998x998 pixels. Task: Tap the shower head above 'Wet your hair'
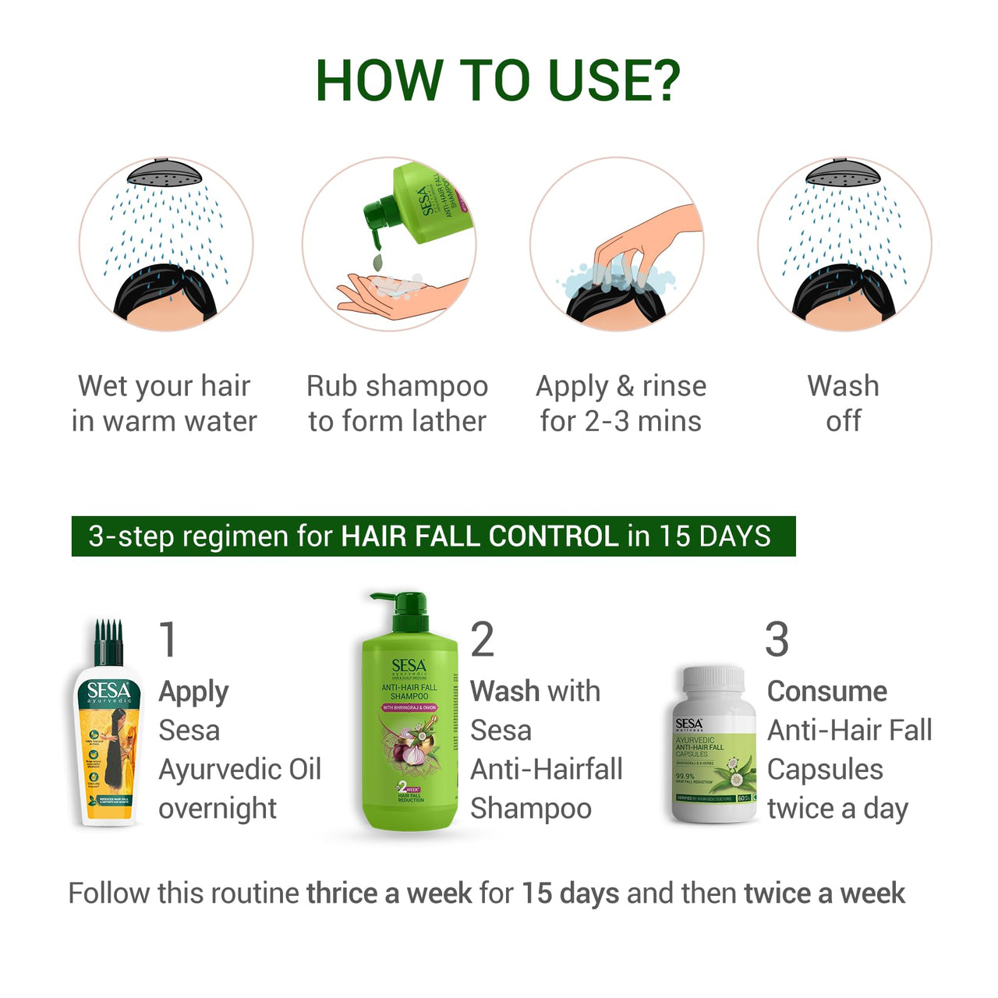166,173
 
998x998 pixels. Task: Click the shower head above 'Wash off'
844,173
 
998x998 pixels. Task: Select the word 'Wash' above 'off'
843,386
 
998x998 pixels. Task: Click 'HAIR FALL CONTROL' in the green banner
480,536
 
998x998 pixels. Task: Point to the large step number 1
168,639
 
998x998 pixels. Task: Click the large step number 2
482,639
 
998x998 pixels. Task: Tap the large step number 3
777,639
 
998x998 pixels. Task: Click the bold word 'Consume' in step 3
826,692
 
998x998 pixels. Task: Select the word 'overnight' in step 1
218,809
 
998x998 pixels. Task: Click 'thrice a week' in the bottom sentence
389,893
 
